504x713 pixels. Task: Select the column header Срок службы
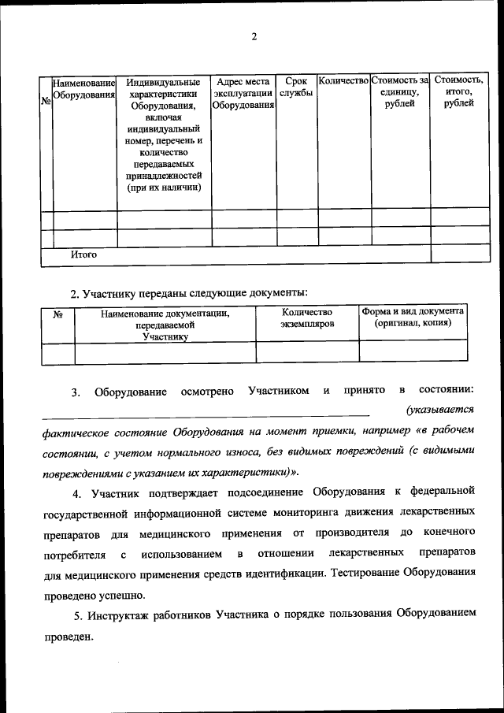[x=296, y=87]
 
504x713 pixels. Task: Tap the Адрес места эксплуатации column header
[x=243, y=94]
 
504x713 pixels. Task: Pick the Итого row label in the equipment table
[x=83, y=254]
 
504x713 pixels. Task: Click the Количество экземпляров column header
[x=307, y=318]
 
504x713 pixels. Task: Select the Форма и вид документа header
[x=413, y=318]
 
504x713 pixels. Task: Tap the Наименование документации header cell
[x=165, y=325]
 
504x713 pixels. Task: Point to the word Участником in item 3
[x=278, y=391]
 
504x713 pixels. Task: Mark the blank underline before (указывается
[x=205, y=412]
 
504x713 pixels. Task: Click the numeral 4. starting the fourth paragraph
[x=77, y=495]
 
